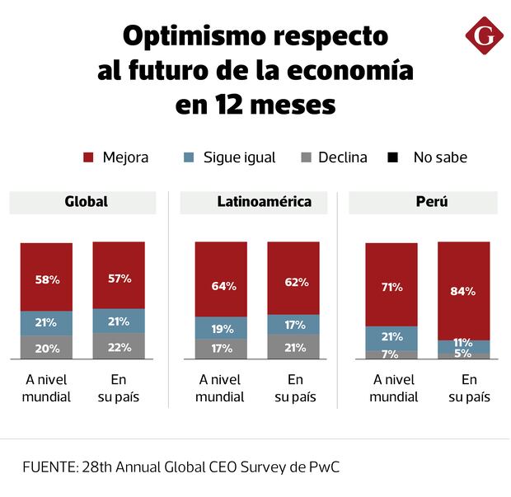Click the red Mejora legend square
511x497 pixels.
pyautogui.click(x=89, y=157)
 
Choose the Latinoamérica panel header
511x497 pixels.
pyautogui.click(x=252, y=202)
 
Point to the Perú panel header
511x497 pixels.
pyautogui.click(x=423, y=202)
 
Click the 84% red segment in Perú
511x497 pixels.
pyautogui.click(x=463, y=290)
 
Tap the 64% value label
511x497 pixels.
pyautogui.click(x=223, y=286)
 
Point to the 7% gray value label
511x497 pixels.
pyautogui.click(x=391, y=354)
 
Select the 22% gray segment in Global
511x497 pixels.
pyautogui.click(x=119, y=346)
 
